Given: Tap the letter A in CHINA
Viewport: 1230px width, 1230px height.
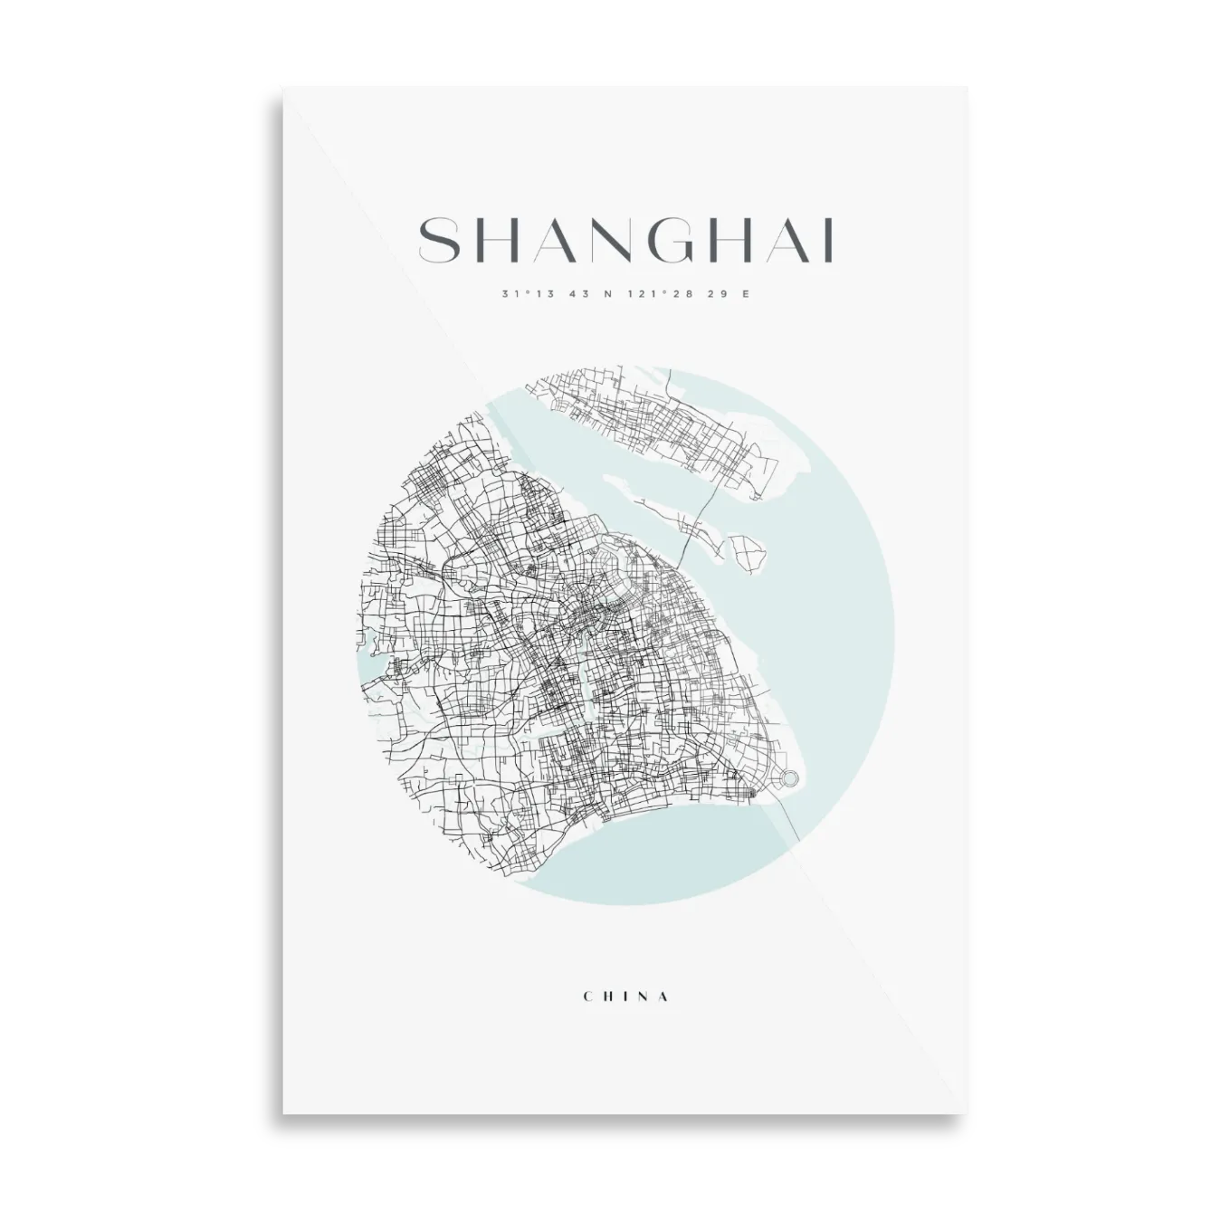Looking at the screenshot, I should point(666,996).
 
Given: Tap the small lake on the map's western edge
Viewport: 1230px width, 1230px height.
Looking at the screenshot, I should point(372,671).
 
